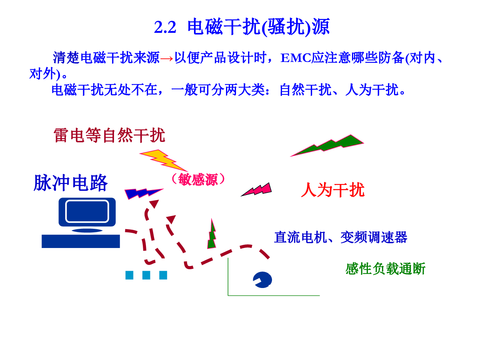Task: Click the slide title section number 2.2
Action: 165,27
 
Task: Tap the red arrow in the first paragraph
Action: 166,58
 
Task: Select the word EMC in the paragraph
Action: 296,58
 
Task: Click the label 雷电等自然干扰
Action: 109,135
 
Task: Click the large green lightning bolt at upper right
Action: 327,145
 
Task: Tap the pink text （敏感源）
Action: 198,179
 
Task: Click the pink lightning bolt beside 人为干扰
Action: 256,190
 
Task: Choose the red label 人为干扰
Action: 333,190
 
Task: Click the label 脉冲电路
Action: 70,183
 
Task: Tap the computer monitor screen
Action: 87,212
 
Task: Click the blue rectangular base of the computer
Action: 81,241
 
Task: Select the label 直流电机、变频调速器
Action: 340,237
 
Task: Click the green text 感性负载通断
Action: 385,269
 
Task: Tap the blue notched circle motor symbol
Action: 262,280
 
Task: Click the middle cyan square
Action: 146,275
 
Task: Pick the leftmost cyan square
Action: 129,275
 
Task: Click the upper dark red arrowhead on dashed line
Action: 154,204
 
